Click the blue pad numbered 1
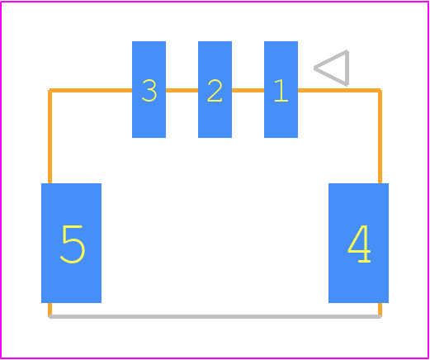[x=281, y=89]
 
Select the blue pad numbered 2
[x=215, y=89]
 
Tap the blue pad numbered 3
[x=149, y=89]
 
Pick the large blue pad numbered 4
[x=358, y=243]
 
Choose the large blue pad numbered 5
[x=71, y=243]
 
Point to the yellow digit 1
[x=281, y=91]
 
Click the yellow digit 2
[x=215, y=91]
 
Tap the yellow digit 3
[x=149, y=91]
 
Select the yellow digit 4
[x=359, y=244]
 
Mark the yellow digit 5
[x=73, y=244]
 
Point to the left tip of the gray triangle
[x=314, y=69]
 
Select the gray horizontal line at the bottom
[x=215, y=317]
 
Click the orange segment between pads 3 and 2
[x=182, y=90]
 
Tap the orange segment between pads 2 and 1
[x=248, y=90]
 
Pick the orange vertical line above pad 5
[x=50, y=137]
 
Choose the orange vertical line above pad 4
[x=380, y=137]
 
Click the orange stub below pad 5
[x=50, y=310]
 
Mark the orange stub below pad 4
[x=380, y=310]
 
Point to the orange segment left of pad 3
[x=91, y=90]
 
